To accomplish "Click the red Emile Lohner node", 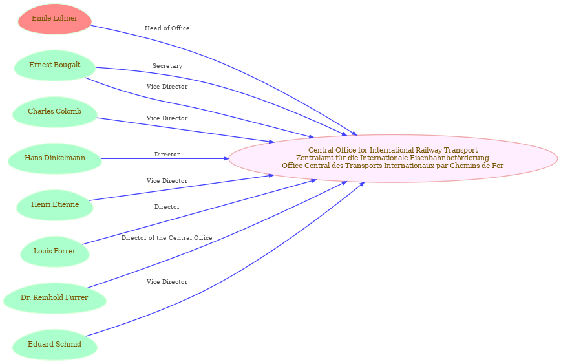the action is (55, 19).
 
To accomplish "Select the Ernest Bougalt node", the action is (55, 65).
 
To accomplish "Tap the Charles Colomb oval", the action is (55, 112).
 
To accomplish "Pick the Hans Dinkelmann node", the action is (55, 158).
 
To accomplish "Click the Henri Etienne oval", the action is (55, 205).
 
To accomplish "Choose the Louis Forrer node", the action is (55, 252).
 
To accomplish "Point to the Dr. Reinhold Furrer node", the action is (55, 298).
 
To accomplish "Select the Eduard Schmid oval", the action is (55, 345).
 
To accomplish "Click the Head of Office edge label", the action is (167, 28).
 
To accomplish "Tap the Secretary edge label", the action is (167, 66).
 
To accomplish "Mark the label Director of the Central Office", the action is (167, 238).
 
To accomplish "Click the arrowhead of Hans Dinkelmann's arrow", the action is (226, 158).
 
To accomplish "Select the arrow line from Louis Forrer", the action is (199, 213).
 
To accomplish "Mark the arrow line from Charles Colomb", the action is (185, 130).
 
